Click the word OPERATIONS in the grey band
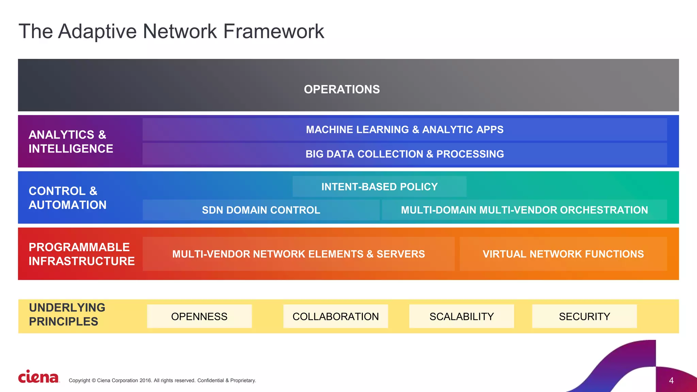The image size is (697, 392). point(342,89)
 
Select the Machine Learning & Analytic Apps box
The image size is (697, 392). point(404,130)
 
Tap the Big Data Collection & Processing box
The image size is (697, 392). point(404,154)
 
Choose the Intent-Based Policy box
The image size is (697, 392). point(379,187)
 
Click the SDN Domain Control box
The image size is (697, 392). point(261,210)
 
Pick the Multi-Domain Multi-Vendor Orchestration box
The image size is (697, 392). point(524,210)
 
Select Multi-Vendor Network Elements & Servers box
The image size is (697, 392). point(298,254)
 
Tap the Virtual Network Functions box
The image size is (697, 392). point(563,254)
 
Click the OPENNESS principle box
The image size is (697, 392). point(199,316)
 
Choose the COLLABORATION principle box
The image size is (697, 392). point(336,316)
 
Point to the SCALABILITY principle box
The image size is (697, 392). point(461,316)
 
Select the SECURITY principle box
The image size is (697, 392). point(584,316)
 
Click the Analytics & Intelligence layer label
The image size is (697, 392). point(71,142)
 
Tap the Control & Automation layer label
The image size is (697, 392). point(67,198)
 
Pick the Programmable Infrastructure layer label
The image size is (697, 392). point(82,254)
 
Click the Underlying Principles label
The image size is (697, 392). point(67,314)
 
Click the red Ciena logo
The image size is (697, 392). point(38,377)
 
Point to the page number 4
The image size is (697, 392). point(671,380)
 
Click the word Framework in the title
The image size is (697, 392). point(273,31)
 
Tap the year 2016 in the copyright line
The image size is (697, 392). point(145,380)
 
